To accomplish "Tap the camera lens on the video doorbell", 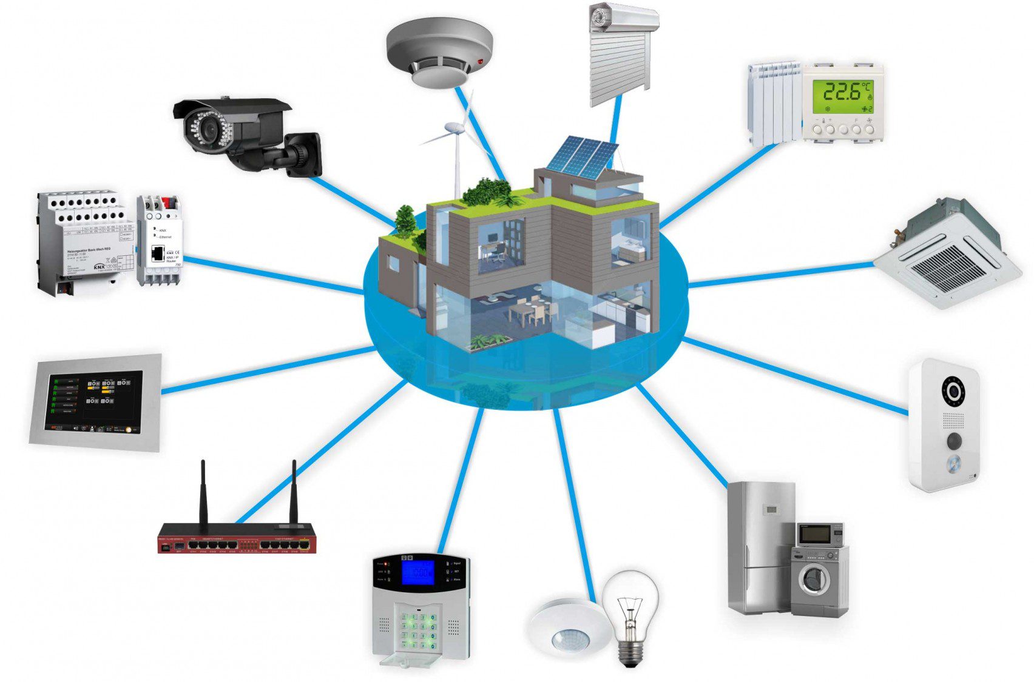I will click(x=953, y=391).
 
